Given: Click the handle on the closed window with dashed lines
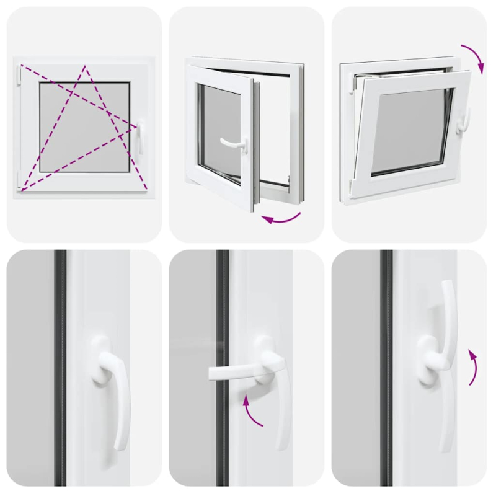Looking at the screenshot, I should [x=139, y=138].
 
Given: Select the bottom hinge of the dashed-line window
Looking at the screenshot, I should [x=19, y=180].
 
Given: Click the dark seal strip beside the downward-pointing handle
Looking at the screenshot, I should [x=60, y=372].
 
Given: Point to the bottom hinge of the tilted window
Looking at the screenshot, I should [x=352, y=185].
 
